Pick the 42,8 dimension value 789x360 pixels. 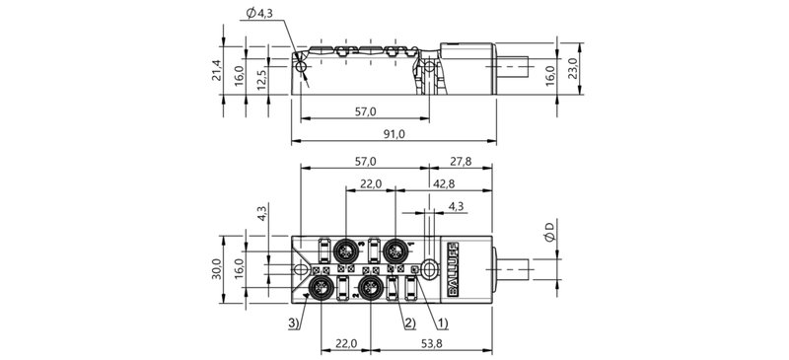(x=443, y=183)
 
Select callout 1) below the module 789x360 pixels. (x=441, y=323)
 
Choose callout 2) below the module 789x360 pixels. (x=407, y=323)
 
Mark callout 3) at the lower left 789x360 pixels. (x=294, y=323)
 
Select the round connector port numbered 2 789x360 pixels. (x=372, y=288)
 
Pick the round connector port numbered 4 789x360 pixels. (x=323, y=288)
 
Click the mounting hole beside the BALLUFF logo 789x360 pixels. (x=429, y=267)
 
